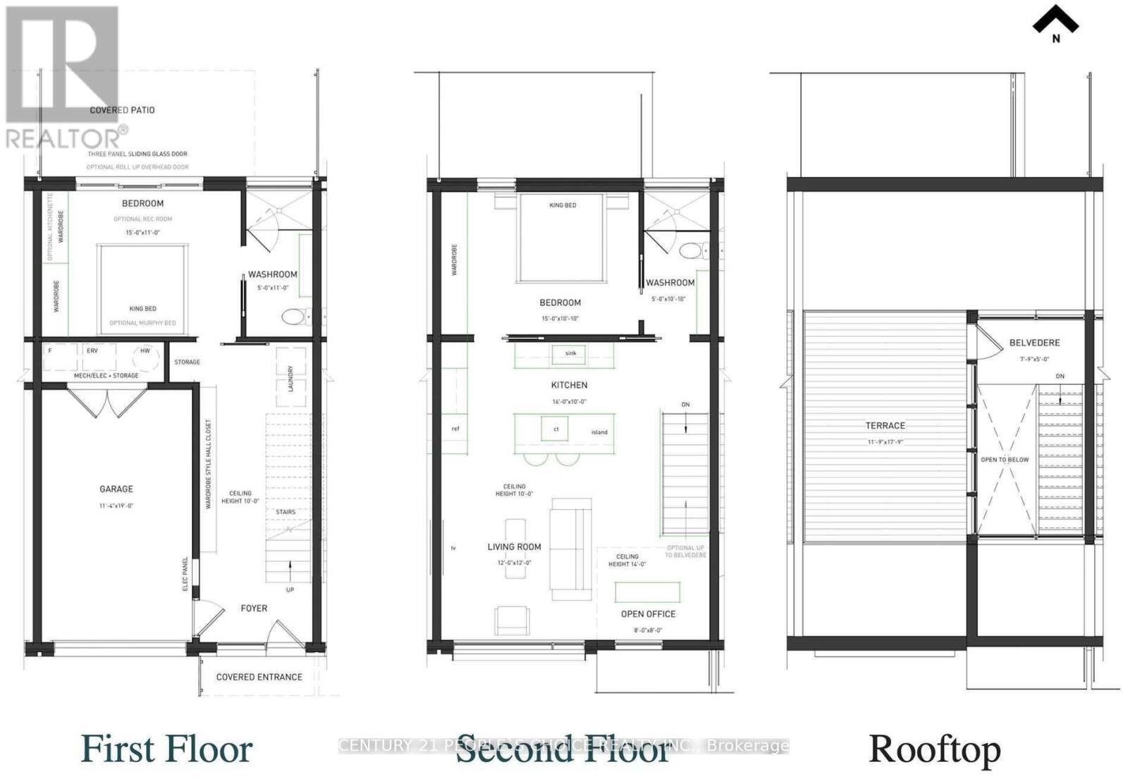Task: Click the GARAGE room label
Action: [x=116, y=489]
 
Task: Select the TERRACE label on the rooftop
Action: [x=885, y=426]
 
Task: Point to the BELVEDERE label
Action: [x=1034, y=343]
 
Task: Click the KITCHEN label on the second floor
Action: [x=569, y=385]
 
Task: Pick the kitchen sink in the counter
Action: [x=570, y=353]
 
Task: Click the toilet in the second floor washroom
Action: [x=690, y=250]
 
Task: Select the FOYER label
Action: [x=254, y=608]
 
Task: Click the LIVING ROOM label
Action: [x=514, y=546]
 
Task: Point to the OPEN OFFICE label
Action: [x=648, y=614]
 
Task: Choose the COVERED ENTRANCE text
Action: [x=259, y=677]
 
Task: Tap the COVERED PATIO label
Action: [x=122, y=110]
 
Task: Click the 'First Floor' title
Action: [x=166, y=749]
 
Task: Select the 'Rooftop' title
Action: [x=934, y=749]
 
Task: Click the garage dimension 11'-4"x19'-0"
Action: [x=116, y=506]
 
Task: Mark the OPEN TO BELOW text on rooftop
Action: [x=1005, y=460]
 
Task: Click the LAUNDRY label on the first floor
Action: [x=290, y=379]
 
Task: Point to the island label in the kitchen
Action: [x=599, y=432]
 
